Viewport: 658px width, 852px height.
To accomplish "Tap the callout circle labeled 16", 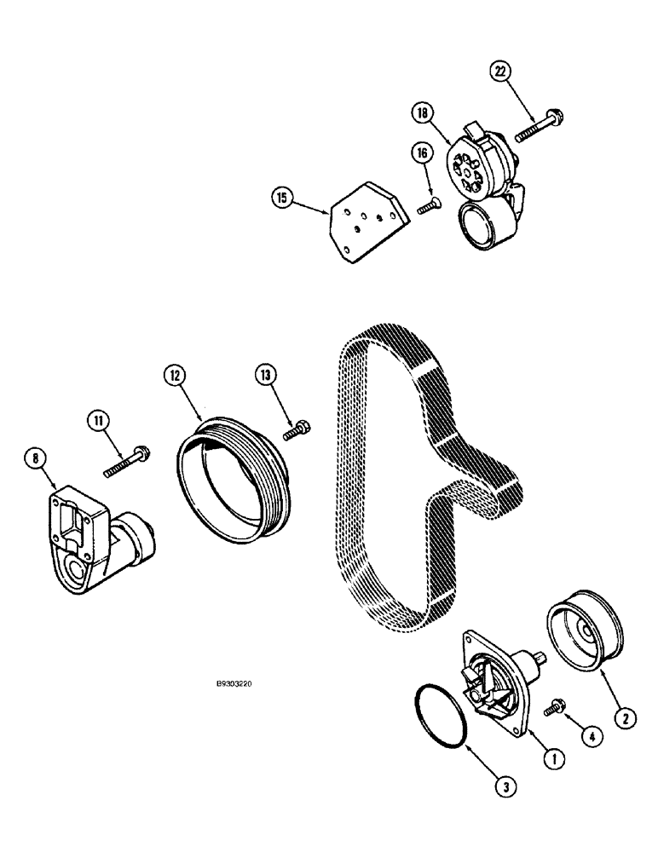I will [421, 153].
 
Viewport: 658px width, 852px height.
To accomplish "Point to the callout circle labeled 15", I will [281, 199].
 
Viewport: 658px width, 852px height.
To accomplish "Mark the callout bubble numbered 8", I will [35, 461].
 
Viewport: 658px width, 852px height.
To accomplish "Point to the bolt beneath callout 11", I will [129, 460].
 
